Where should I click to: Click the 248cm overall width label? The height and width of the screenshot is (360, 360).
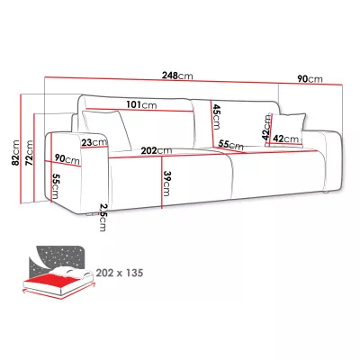coord(177,76)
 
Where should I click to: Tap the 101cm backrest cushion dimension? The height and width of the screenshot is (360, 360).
coord(141,105)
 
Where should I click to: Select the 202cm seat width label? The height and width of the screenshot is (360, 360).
coord(157,150)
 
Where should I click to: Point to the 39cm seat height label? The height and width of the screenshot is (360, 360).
coord(166,184)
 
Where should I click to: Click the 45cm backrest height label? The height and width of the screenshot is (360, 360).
coord(216,116)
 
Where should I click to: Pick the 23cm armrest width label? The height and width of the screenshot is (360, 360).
coord(94,142)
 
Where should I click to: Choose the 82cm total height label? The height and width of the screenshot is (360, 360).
coord(15,152)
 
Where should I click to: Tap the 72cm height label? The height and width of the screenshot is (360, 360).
coord(29,153)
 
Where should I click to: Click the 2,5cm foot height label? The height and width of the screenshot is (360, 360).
coord(103,218)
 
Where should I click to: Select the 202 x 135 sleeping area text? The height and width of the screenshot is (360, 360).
coord(120,273)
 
